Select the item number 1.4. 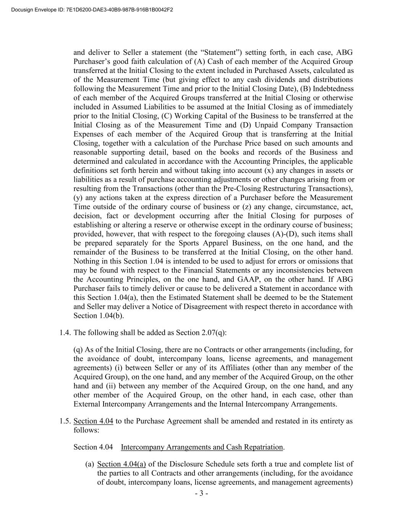[x=65, y=332]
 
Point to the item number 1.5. [x=65, y=421]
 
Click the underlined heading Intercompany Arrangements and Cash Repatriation [x=202, y=447]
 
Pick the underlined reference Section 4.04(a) [x=121, y=464]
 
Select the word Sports [x=189, y=243]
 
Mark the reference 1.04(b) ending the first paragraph [x=112, y=316]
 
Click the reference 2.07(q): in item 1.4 [x=214, y=332]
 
